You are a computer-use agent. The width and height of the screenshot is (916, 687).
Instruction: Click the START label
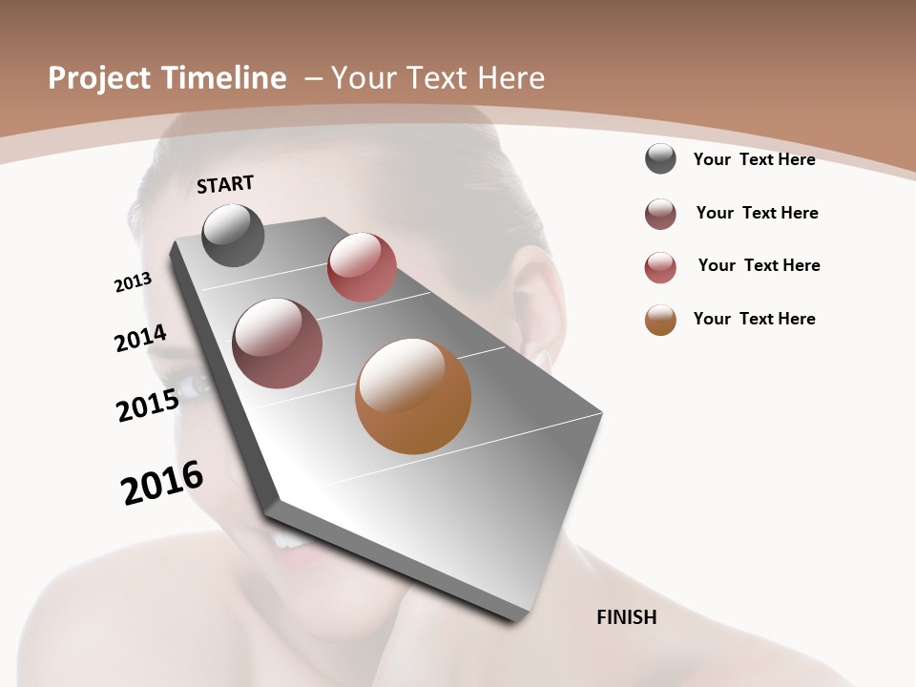pos(225,184)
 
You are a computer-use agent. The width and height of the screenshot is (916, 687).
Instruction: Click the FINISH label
pos(626,617)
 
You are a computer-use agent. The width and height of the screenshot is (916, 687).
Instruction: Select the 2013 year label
pos(133,282)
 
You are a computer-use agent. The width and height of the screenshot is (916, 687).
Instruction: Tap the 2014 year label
pos(140,339)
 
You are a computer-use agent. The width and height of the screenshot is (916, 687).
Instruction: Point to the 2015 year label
pos(147,406)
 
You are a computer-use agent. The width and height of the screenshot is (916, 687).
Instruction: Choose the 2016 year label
pos(162,483)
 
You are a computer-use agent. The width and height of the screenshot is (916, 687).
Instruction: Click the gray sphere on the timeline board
pos(233,235)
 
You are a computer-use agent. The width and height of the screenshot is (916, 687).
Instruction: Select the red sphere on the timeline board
pos(362,267)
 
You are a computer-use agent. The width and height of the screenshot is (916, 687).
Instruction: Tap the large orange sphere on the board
pos(413,396)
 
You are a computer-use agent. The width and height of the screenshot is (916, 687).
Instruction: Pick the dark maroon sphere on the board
pos(277,343)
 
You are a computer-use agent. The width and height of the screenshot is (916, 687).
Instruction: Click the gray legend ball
pos(660,158)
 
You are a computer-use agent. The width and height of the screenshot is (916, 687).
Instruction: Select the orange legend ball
pos(660,320)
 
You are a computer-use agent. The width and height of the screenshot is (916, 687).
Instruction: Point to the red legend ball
pos(660,267)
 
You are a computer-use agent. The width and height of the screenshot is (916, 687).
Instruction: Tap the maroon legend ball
pos(660,214)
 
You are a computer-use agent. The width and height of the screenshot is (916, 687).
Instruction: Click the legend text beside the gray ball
pos(754,159)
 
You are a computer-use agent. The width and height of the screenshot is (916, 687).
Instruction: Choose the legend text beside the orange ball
pos(754,319)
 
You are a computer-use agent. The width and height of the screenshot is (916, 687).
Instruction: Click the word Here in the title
pos(511,78)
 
